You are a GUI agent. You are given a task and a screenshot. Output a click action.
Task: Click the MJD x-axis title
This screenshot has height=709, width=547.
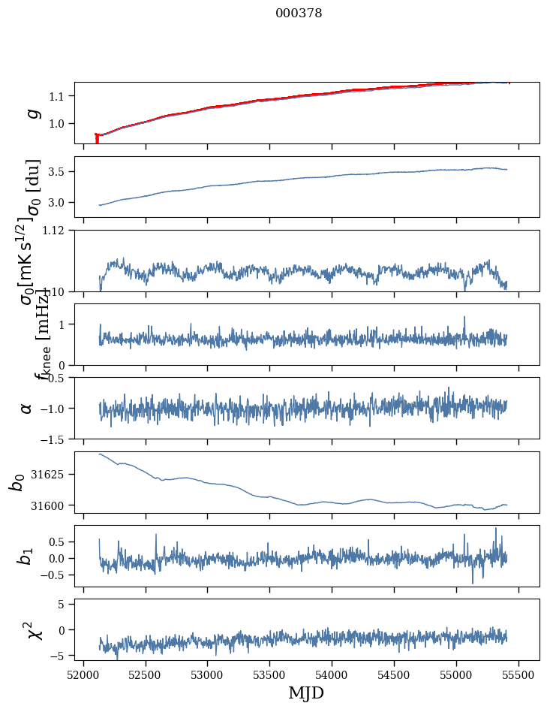[x=306, y=692]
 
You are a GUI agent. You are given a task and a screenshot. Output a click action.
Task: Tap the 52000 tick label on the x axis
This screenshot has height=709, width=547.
[x=83, y=674]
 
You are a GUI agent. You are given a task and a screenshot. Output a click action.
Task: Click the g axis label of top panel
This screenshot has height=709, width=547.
[x=32, y=113]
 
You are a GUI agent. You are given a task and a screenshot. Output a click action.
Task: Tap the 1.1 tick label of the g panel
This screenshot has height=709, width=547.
[x=60, y=96]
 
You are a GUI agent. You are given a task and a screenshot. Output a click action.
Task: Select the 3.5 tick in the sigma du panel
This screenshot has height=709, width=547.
[x=60, y=172]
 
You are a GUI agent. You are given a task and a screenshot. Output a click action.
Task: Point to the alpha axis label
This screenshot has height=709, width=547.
[x=26, y=408]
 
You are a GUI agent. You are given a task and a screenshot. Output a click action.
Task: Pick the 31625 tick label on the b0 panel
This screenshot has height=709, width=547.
[x=53, y=475]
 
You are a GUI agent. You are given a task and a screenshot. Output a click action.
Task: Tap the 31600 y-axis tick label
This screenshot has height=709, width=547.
[x=53, y=505]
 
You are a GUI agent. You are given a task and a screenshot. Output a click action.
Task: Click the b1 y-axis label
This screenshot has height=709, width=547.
[x=26, y=556]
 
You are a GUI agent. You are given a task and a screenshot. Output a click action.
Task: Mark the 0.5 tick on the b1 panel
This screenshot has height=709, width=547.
[x=60, y=542]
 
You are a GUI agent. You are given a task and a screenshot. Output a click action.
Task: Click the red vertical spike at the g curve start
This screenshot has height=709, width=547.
[x=97, y=139]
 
